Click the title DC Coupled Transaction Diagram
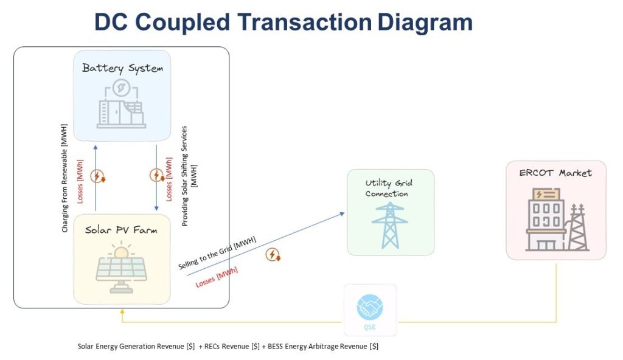click(283, 22)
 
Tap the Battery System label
click(122, 68)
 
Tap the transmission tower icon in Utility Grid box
click(390, 224)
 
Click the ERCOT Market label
click(555, 173)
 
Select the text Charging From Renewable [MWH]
click(64, 178)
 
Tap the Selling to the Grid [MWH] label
click(217, 254)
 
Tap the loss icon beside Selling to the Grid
click(273, 254)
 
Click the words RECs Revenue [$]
click(226, 347)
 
